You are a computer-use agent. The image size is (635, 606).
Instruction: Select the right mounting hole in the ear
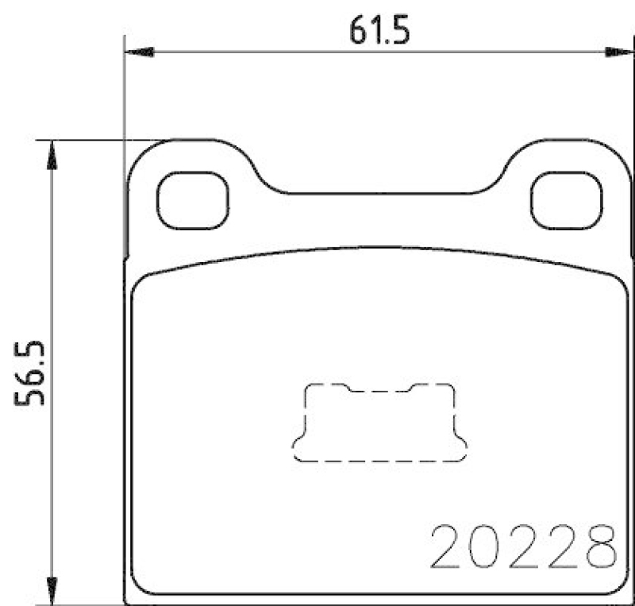pos(565,199)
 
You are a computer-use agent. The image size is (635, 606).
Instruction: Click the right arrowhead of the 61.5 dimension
pos(616,52)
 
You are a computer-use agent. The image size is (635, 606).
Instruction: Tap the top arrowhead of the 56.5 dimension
pos(52,155)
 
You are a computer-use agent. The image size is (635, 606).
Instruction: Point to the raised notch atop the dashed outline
pos(379,390)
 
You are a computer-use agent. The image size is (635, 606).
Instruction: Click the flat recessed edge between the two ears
pos(379,193)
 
